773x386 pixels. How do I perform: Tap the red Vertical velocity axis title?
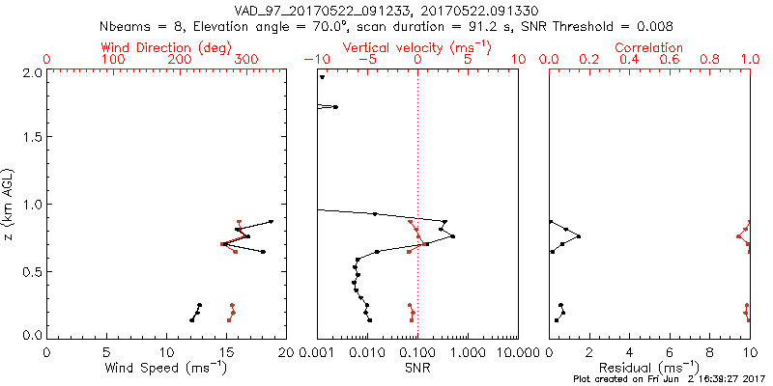click(x=416, y=47)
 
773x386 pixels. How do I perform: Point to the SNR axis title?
click(x=417, y=368)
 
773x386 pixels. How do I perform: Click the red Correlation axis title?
click(x=649, y=47)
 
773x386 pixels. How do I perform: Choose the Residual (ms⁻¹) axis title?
click(x=648, y=368)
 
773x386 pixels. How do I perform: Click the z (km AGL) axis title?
click(x=13, y=203)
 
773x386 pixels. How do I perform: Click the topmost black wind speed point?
click(x=272, y=222)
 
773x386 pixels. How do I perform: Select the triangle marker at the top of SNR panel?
click(x=323, y=77)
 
